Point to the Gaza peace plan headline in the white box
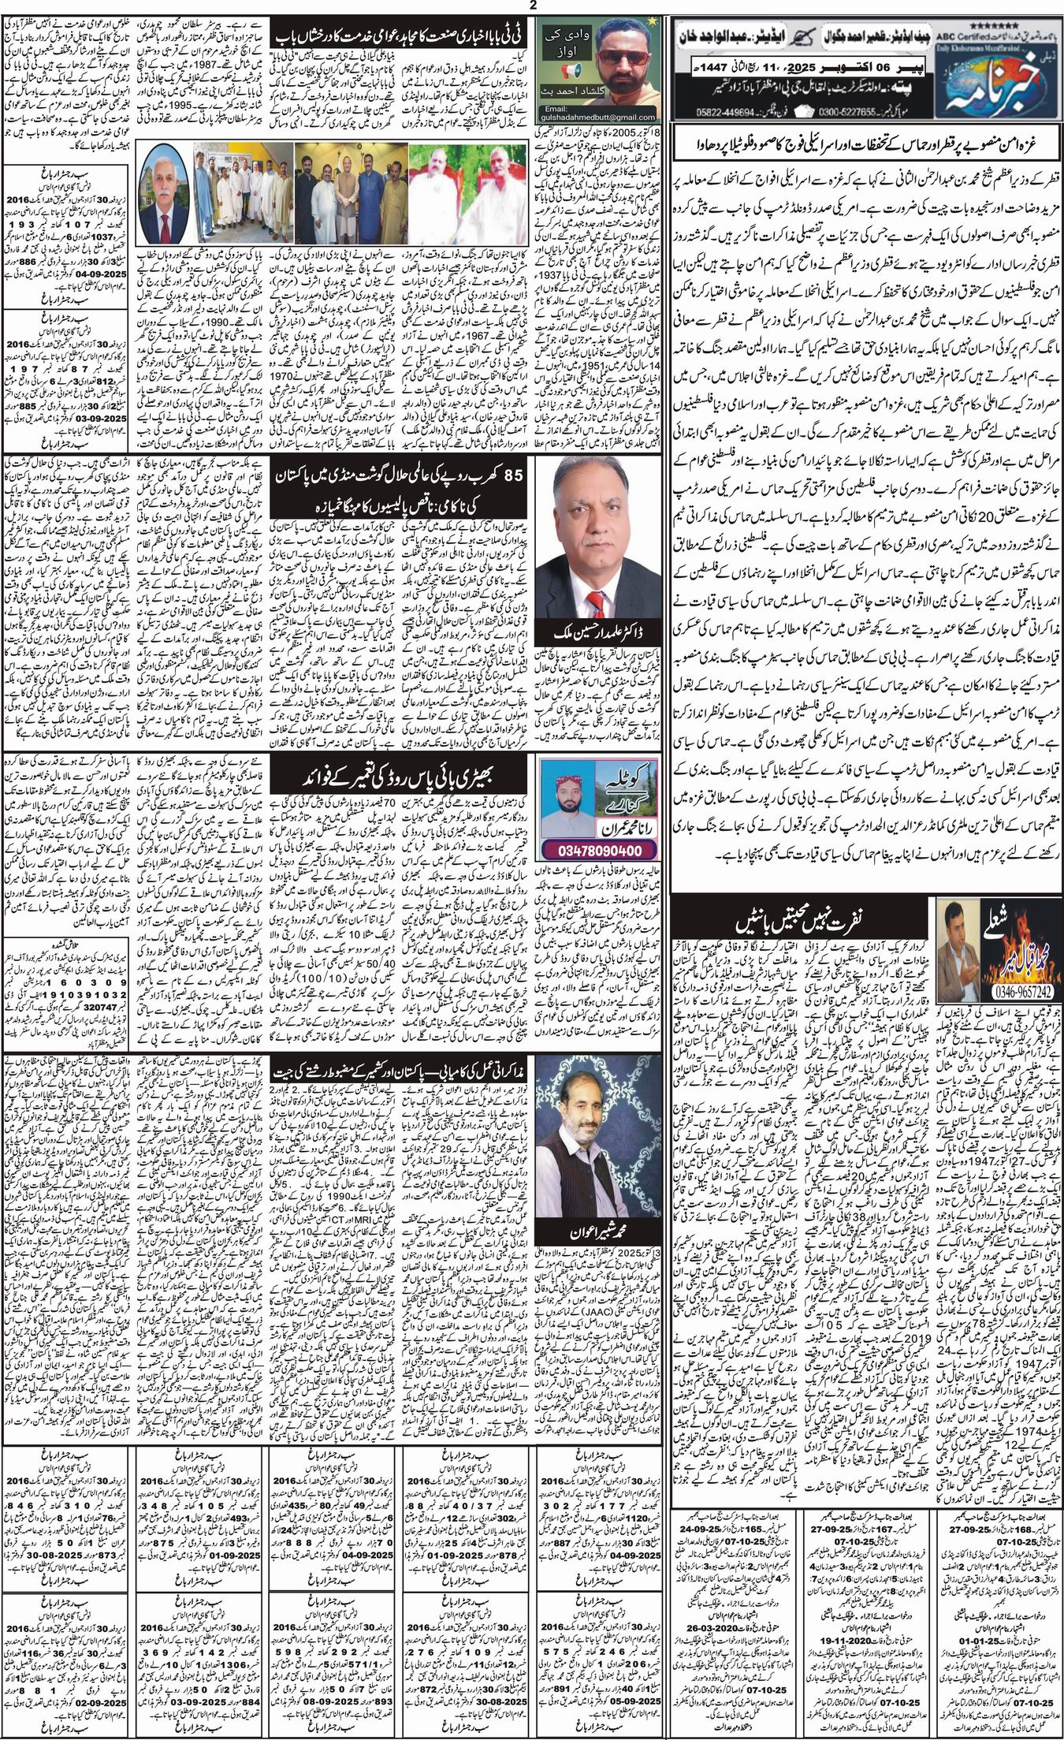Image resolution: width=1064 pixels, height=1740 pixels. tap(865, 147)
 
